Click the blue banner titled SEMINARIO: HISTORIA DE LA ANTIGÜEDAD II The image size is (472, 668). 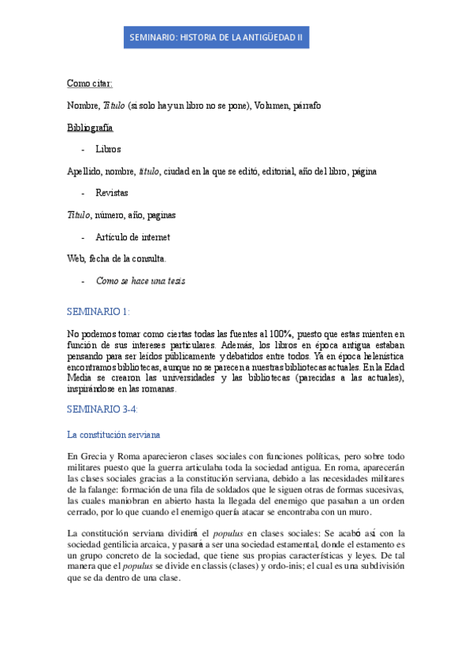[x=216, y=37]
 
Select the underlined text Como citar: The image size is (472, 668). [x=90, y=83]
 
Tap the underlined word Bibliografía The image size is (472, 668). [x=90, y=127]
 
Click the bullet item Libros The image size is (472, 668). [x=108, y=149]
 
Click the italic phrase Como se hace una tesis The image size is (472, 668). [x=141, y=280]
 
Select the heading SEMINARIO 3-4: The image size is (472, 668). [x=103, y=409]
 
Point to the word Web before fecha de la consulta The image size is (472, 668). [x=76, y=258]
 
